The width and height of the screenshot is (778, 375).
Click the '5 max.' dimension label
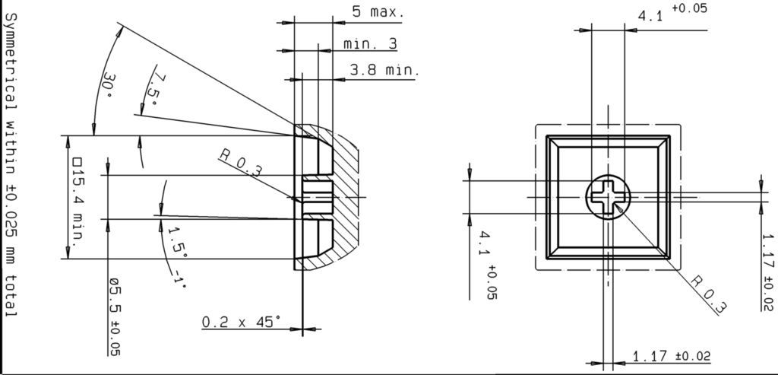[x=378, y=12]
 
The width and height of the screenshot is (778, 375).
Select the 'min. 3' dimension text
[x=370, y=44]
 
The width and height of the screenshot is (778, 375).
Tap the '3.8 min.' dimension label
[x=384, y=71]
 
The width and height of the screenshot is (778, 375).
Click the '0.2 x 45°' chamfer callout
[x=241, y=323]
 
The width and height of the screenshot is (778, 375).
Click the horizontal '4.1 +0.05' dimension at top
[x=672, y=12]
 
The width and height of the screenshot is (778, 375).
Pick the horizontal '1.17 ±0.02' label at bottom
[x=672, y=356]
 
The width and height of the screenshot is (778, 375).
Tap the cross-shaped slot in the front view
[x=608, y=197]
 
